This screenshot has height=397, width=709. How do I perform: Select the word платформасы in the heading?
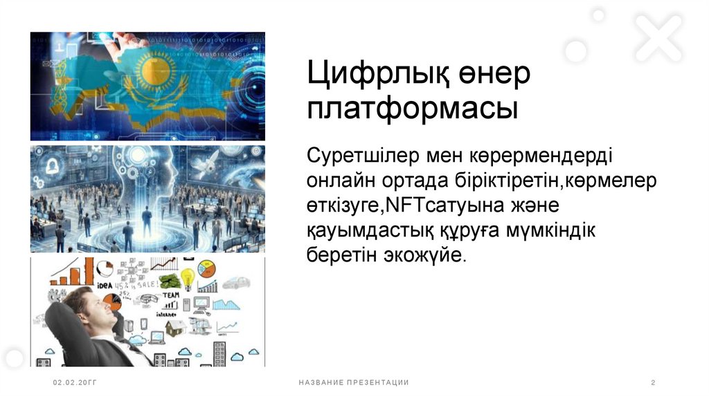[413, 110]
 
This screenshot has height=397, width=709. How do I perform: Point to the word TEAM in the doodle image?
[171, 295]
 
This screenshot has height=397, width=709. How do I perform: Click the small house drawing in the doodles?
[174, 328]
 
